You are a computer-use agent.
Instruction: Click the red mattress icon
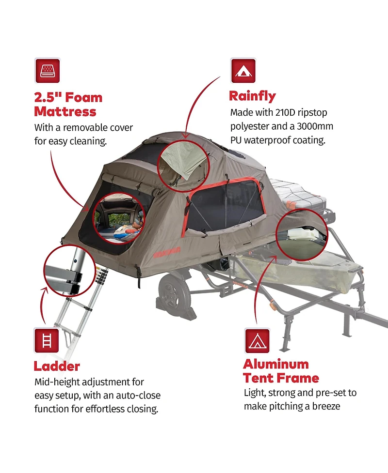(48, 71)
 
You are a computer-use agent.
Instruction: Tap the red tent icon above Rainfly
(243, 71)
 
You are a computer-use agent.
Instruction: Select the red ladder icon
(47, 340)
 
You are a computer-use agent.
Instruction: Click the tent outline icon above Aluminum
(257, 341)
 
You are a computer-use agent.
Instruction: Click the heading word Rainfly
(252, 96)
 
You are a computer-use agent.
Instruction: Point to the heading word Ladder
(57, 366)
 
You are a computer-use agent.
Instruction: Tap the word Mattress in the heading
(65, 112)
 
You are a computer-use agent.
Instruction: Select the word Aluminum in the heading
(276, 364)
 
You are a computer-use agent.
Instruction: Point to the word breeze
(326, 406)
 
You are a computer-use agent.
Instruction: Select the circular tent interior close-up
(119, 218)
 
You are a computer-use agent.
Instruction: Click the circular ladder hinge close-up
(70, 271)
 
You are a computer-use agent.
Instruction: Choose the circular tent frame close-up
(302, 235)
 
